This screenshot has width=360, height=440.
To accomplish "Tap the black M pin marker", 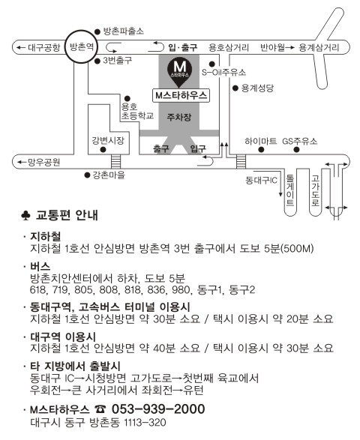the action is click(x=180, y=71).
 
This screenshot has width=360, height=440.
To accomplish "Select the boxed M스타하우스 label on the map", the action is click(x=181, y=96).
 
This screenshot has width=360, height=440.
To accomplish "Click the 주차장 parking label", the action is click(x=179, y=117).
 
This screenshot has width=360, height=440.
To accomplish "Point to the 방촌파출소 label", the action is click(x=124, y=31).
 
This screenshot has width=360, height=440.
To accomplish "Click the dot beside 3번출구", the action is click(x=97, y=61).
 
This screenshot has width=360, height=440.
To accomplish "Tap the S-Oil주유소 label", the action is click(x=223, y=73).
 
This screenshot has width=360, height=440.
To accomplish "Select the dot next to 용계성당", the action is click(x=235, y=88).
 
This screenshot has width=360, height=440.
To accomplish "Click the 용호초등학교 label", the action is click(x=137, y=111).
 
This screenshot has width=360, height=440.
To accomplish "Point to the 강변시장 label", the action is click(x=108, y=140).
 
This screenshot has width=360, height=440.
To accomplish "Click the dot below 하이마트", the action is click(x=261, y=150).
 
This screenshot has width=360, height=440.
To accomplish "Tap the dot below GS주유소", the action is click(x=296, y=150).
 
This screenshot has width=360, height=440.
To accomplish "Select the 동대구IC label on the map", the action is click(x=262, y=180).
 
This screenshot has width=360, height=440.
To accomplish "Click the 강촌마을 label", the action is click(x=109, y=175).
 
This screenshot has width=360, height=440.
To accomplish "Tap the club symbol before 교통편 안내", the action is click(x=25, y=216).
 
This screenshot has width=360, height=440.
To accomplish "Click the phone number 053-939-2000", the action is click(x=158, y=409).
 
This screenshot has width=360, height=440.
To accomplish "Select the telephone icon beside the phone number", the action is click(x=100, y=409).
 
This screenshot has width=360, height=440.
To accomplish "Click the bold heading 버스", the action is click(x=40, y=266).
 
